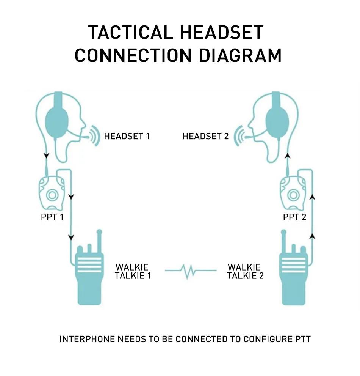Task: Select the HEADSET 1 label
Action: coord(127,136)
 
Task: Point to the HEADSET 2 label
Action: coord(206,136)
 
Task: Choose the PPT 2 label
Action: coord(295,217)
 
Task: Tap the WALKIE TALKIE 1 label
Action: coord(133,272)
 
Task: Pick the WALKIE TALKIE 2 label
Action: coord(245,272)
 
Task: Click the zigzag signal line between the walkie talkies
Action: coord(191,271)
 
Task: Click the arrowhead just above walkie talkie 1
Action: coord(70,238)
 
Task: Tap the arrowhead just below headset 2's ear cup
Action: coord(288,155)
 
